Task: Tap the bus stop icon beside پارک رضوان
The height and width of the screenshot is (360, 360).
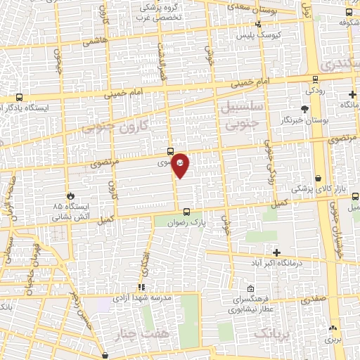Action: pyautogui.click(x=186, y=212)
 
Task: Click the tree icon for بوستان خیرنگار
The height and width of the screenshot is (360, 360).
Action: pyautogui.click(x=304, y=109)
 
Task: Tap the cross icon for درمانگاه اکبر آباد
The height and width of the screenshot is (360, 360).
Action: pyautogui.click(x=276, y=252)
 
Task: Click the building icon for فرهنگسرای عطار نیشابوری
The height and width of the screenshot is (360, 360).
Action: pyautogui.click(x=251, y=288)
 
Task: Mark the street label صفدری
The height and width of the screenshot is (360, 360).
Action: pyautogui.click(x=314, y=299)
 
